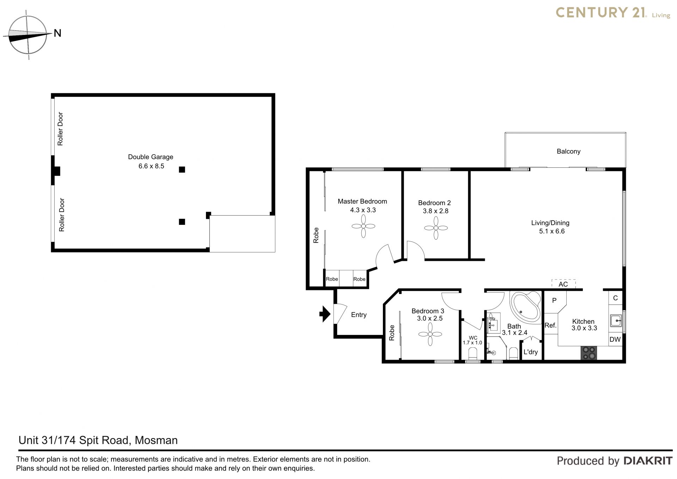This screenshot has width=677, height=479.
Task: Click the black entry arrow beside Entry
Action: pos(325,313)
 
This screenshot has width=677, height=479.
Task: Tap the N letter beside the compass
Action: pos(57,33)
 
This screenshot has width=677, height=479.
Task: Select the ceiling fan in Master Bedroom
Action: pos(363,226)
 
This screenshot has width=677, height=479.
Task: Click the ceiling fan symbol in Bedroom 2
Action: pos(436,228)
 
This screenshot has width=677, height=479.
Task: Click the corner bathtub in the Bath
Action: pos(525,307)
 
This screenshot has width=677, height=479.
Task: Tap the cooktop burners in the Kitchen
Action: pos(589,353)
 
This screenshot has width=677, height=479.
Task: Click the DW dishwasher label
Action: pos(615,340)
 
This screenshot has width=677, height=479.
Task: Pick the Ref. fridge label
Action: pos(550,325)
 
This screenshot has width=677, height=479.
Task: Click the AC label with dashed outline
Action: pos(563,284)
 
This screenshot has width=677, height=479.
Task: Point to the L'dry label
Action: pos(531,352)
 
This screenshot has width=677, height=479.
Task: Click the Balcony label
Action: pos(568,151)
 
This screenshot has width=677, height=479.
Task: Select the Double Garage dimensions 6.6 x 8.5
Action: pos(151,166)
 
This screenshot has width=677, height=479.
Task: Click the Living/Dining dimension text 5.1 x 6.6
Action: pos(552,231)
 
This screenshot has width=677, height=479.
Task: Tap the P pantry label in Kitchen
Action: pos(554,300)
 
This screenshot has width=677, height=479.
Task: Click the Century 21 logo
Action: pos(613,13)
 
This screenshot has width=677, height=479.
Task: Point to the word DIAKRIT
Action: pos(648,461)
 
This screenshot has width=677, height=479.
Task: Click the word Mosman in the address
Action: pos(156,440)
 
